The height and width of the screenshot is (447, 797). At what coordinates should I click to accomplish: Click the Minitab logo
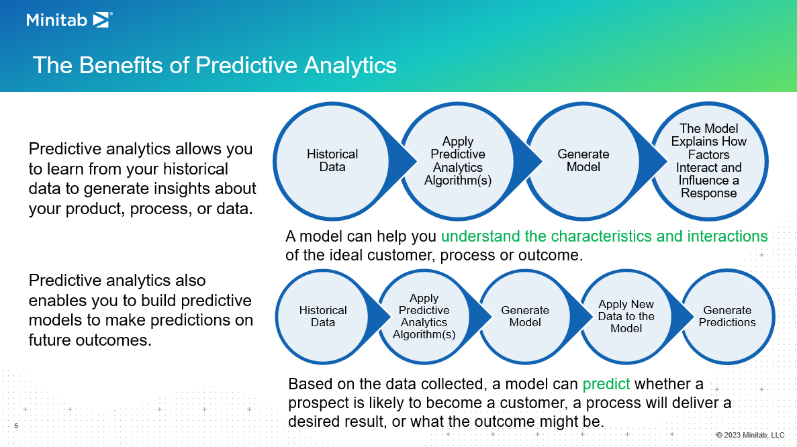click(69, 20)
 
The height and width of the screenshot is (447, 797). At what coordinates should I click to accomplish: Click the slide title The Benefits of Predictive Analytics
click(214, 66)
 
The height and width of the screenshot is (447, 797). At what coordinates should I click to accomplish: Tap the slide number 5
click(16, 426)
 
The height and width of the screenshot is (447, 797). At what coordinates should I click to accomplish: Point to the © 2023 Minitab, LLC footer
click(750, 435)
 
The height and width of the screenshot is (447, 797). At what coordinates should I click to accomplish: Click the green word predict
click(606, 384)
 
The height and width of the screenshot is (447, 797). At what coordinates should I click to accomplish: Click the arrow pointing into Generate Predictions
click(681, 316)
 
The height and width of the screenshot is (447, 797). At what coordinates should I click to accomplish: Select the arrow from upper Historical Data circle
click(402, 161)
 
